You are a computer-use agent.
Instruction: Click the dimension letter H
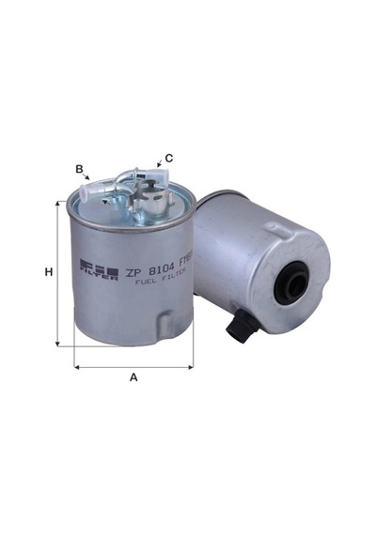(x=49, y=272)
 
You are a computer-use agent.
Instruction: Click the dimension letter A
(x=133, y=377)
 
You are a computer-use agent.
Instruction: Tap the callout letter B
(x=79, y=169)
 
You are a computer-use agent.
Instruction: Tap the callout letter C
(x=169, y=159)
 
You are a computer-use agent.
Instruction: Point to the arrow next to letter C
(x=159, y=163)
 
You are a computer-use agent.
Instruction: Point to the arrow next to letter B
(x=86, y=176)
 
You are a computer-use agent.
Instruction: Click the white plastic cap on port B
(x=88, y=193)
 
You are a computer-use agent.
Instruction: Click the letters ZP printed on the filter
(x=133, y=272)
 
